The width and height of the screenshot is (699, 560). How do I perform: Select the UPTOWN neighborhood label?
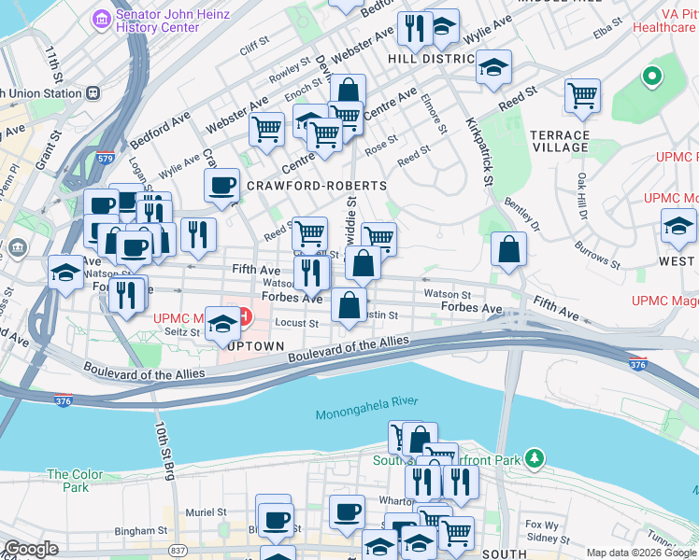[250, 346]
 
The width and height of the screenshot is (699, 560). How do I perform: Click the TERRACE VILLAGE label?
[560, 141]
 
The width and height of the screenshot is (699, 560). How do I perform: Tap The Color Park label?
[69, 481]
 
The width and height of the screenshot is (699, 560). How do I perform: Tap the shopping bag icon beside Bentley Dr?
[508, 249]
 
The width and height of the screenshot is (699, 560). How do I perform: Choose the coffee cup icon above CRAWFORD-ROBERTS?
[222, 185]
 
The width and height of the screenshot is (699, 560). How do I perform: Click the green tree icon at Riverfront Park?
[534, 458]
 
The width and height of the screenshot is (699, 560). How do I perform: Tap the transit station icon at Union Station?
[93, 93]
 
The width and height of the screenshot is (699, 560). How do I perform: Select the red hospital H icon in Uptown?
[244, 316]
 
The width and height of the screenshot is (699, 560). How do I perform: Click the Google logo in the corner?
[31, 549]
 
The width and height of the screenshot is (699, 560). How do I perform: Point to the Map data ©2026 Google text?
[641, 553]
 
